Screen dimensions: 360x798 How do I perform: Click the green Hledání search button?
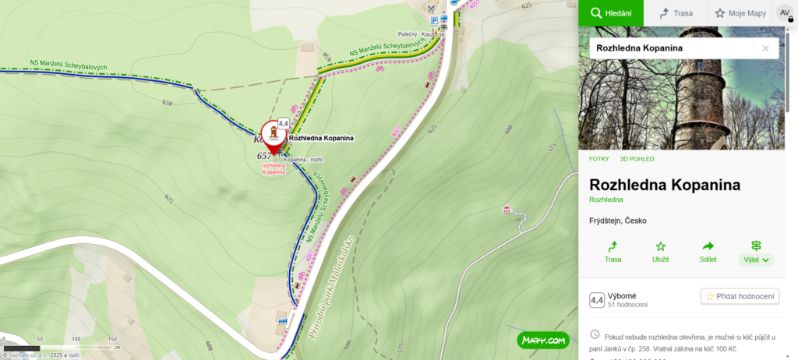610,12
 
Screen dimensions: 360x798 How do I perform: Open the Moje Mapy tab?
740,12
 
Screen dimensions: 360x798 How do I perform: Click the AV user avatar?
785,12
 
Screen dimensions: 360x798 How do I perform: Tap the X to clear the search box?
765,48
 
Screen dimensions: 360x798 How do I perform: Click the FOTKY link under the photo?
599,159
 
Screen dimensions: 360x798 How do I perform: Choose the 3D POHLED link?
637,159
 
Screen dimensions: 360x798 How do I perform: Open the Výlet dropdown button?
755,252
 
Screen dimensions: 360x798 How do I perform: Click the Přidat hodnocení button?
740,296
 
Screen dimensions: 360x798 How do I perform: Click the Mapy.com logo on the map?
542,340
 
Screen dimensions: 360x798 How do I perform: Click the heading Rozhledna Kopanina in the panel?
665,185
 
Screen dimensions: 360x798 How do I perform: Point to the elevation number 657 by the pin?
264,156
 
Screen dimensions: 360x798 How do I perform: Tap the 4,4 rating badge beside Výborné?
596,300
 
